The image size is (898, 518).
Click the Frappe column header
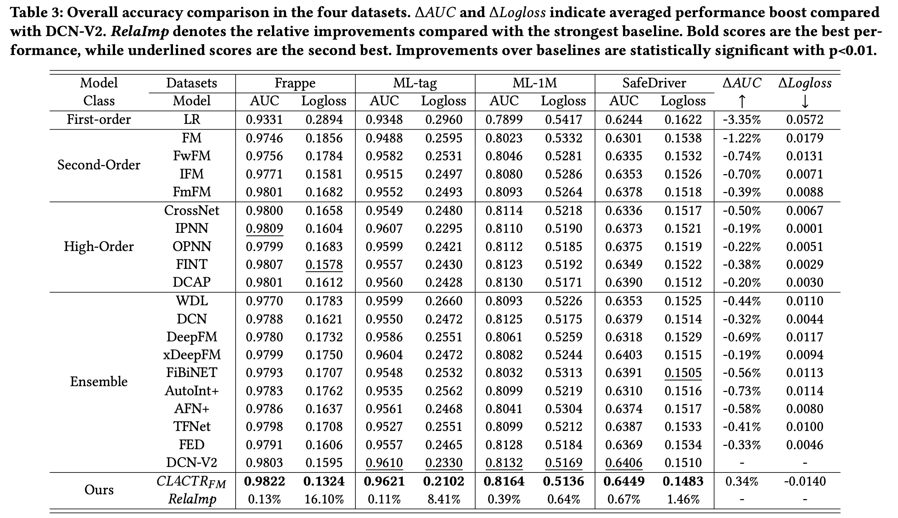point(295,83)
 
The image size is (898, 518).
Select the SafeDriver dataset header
point(654,83)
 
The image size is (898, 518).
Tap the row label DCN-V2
point(192,463)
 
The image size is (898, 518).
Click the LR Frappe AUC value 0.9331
point(264,119)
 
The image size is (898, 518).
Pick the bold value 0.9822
point(264,481)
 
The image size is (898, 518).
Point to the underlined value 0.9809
point(264,228)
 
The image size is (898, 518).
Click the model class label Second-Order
point(99,165)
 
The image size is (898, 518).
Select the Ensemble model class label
point(99,381)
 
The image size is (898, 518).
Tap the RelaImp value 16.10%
point(324,499)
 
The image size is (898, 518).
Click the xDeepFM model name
point(192,354)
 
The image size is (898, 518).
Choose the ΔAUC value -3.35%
point(742,119)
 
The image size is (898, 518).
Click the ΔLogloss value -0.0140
point(805,481)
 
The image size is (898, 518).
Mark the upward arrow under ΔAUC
point(742,101)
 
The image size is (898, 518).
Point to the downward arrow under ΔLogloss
point(805,101)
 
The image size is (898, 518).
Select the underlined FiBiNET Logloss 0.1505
point(683,373)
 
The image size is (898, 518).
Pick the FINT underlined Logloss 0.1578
point(324,264)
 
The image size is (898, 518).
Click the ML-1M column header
point(535,83)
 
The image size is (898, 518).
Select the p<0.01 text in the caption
point(848,50)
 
